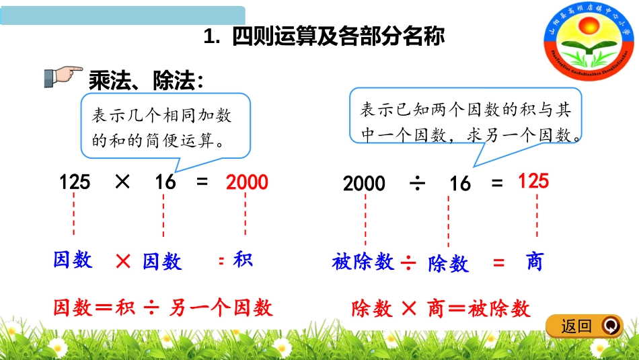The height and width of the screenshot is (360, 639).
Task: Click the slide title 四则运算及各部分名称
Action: [324, 37]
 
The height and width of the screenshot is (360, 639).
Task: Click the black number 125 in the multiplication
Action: [75, 182]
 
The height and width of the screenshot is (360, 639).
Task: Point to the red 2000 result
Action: [247, 182]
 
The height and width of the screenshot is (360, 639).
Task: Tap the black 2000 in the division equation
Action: [364, 183]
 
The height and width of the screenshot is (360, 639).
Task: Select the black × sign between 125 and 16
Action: [122, 182]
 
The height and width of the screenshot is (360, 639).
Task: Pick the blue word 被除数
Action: [363, 262]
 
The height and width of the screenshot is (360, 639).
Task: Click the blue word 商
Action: [534, 262]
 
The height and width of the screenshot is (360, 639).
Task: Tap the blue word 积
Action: [242, 260]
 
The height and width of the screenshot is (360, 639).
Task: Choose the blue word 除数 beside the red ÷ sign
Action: [448, 264]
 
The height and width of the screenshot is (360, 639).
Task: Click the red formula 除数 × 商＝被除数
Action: [441, 309]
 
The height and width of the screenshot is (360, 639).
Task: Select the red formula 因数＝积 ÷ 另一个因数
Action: [163, 308]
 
